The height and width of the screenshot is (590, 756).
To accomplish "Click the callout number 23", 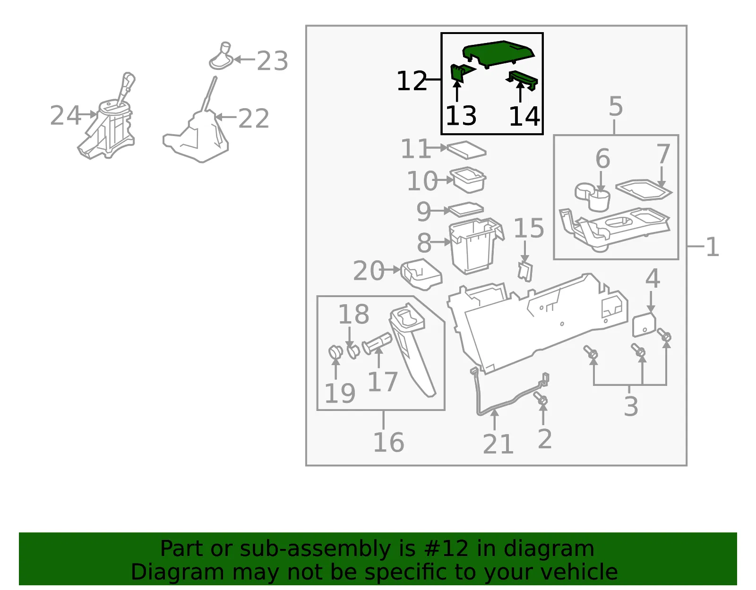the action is click(272, 61).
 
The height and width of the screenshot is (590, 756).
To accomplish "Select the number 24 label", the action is click(65, 115).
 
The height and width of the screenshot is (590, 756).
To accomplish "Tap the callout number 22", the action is click(254, 119).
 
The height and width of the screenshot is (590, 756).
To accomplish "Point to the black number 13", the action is click(461, 116).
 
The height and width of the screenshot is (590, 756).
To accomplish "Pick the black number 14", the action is click(524, 117).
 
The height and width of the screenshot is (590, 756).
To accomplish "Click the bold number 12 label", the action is click(412, 81).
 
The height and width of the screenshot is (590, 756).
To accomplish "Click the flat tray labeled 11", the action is click(466, 150).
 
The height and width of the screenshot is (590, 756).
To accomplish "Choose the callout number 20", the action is click(369, 271).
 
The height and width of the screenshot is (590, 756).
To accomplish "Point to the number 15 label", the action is click(529, 228).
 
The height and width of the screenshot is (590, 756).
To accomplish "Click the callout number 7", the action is click(663, 154).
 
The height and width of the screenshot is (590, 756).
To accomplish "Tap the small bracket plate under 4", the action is click(644, 325).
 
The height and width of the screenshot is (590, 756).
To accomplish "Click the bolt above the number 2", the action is click(541, 399).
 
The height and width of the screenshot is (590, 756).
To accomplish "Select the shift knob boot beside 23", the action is click(221, 56).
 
